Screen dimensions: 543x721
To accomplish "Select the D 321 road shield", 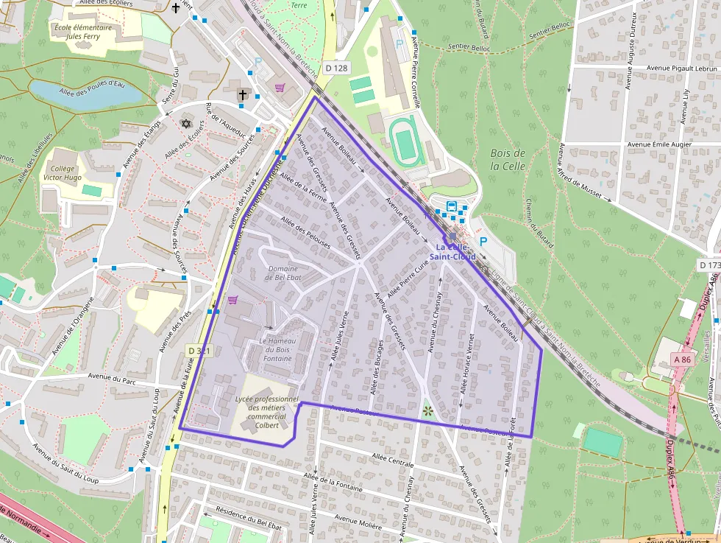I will tap(199, 351).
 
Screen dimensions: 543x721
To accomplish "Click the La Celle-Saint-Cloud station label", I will tap(455, 252).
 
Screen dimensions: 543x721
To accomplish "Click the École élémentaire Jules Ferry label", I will tap(83, 32).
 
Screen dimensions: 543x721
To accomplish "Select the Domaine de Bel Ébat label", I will tap(283, 273).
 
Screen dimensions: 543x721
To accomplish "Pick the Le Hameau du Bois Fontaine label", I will tap(275, 351).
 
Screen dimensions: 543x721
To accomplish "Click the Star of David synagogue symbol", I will tap(185, 123).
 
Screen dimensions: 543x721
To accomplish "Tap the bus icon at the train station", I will tap(451, 206).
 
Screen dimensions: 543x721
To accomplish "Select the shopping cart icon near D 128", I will tap(280, 88).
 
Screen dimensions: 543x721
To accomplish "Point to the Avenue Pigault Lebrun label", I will tap(681, 68).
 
